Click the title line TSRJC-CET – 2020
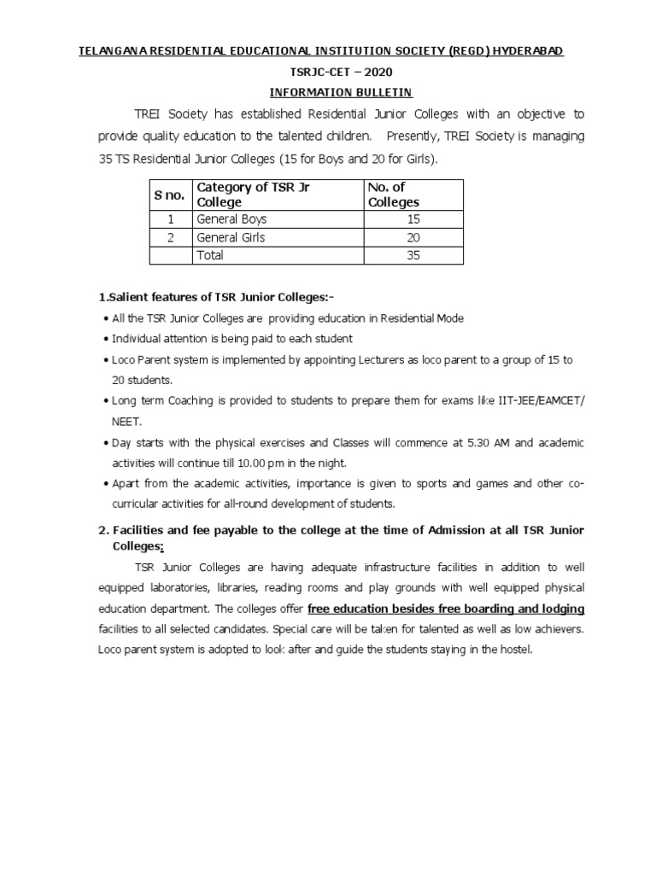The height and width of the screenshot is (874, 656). click(x=328, y=73)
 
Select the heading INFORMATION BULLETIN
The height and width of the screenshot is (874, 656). click(x=328, y=93)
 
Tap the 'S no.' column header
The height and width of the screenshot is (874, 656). click(x=169, y=195)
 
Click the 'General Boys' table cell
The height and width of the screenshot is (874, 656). click(x=231, y=219)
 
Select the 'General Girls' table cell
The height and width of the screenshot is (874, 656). click(x=231, y=237)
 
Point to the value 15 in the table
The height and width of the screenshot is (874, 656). click(x=413, y=219)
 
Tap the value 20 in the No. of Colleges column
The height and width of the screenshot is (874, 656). click(x=413, y=237)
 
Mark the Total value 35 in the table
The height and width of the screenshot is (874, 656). click(x=413, y=255)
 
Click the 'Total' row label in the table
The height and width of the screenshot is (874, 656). click(x=210, y=255)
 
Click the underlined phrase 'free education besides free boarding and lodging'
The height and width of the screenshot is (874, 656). click(x=446, y=609)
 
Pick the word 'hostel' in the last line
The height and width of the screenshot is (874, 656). click(x=513, y=650)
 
